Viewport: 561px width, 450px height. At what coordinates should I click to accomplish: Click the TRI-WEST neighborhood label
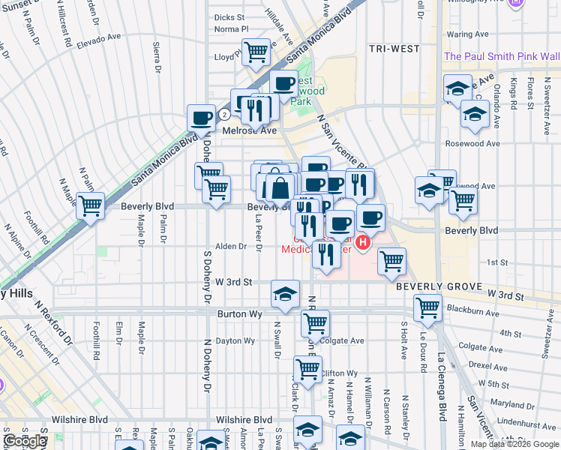394,49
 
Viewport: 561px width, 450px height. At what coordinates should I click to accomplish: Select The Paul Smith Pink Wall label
501,56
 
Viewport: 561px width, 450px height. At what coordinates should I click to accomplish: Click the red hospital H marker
364,242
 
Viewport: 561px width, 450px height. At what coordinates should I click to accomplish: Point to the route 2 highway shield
224,115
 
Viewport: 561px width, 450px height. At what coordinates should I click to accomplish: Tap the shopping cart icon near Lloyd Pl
256,52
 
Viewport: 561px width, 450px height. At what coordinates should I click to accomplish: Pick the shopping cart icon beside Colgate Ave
315,323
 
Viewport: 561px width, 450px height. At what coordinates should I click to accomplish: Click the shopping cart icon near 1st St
391,261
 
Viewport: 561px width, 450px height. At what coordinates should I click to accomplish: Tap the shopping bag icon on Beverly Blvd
279,187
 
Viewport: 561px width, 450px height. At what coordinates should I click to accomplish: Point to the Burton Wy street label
240,314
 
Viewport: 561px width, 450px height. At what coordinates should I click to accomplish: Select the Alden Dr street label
231,246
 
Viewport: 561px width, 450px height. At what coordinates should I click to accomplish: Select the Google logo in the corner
25,442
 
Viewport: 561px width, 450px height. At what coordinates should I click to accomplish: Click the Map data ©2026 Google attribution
514,444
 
